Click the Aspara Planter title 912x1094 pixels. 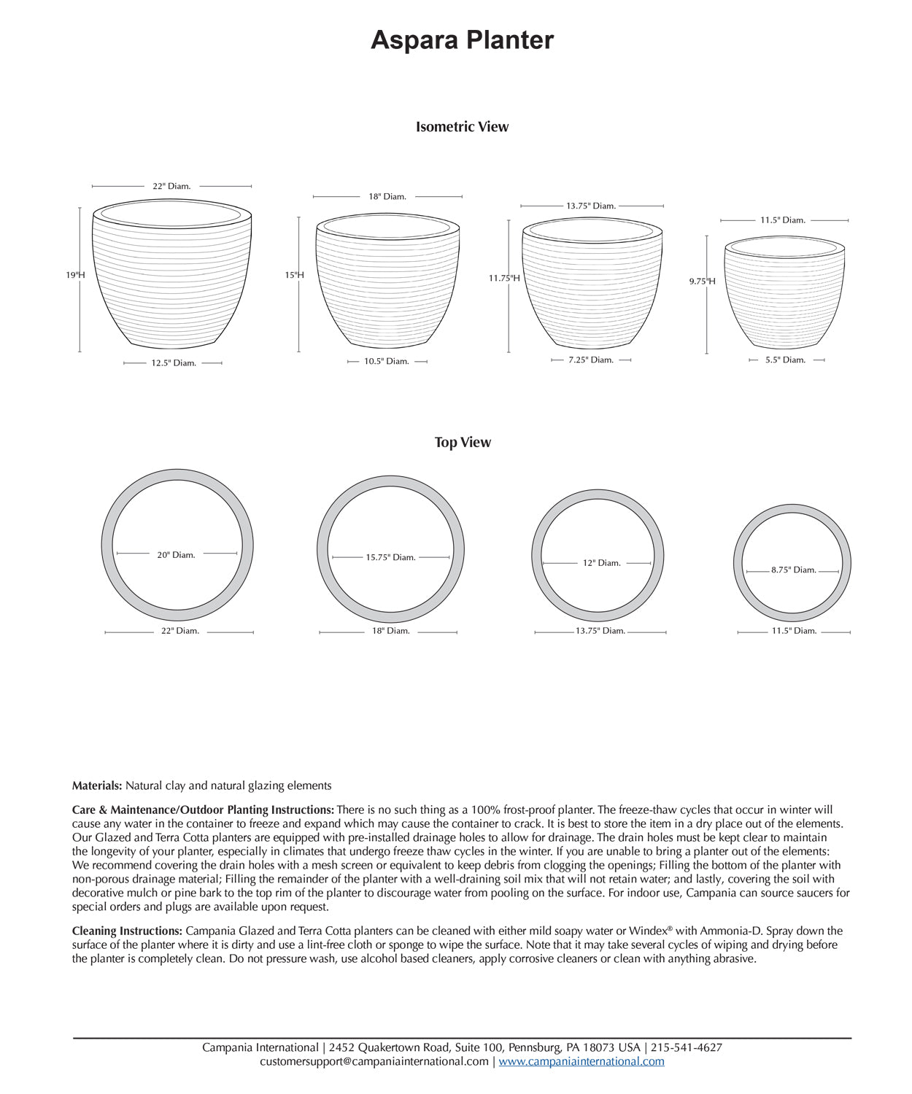(x=462, y=40)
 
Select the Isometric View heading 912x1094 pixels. (x=462, y=127)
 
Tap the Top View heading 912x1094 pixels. (x=463, y=443)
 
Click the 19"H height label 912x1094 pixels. (x=75, y=275)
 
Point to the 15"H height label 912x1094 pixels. (x=294, y=275)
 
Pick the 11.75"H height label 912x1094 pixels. (x=504, y=278)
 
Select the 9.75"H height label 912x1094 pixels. (x=702, y=281)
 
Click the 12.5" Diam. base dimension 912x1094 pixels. (x=174, y=363)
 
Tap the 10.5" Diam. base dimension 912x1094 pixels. (x=387, y=362)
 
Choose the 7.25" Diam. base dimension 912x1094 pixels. (x=591, y=360)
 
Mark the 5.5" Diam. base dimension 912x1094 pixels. (x=785, y=360)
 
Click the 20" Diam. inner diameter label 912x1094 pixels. (x=177, y=555)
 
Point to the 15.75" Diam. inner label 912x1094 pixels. (x=390, y=557)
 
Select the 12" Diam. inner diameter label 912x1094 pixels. (x=602, y=563)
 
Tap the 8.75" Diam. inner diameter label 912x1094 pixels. (x=794, y=570)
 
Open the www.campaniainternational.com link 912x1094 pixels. (x=581, y=1062)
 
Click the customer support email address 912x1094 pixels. (x=374, y=1062)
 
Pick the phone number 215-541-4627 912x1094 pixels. (x=687, y=1048)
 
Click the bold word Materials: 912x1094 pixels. (x=97, y=786)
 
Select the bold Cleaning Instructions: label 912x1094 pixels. (x=127, y=931)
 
